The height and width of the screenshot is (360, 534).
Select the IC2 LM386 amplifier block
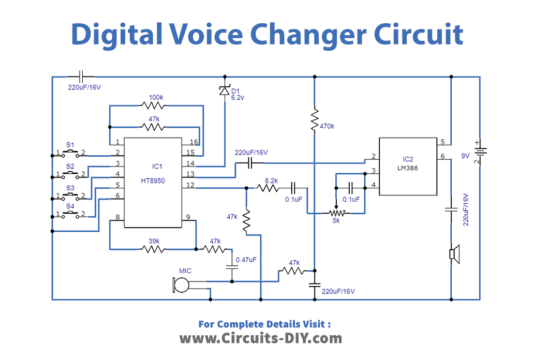407,165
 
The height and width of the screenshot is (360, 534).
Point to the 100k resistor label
155,98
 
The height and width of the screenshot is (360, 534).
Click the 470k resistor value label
327,127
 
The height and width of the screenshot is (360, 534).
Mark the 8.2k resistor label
271,180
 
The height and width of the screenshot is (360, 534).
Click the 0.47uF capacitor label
245,261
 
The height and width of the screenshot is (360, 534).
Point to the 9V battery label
464,156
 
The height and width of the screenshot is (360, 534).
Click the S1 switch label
70,145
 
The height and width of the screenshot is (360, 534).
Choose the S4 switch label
70,206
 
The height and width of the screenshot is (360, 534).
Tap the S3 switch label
70,187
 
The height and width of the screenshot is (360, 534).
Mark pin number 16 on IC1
194,142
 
